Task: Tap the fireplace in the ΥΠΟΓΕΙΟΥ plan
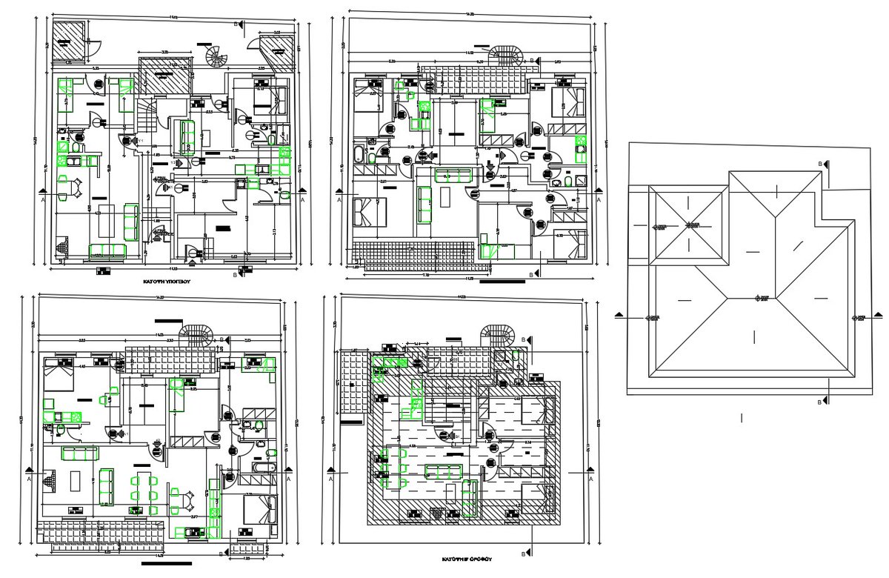pos(62,247)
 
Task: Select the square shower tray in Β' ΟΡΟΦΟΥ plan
pos(501,356)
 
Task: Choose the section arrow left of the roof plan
pos(619,317)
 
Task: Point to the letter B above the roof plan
pos(819,163)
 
